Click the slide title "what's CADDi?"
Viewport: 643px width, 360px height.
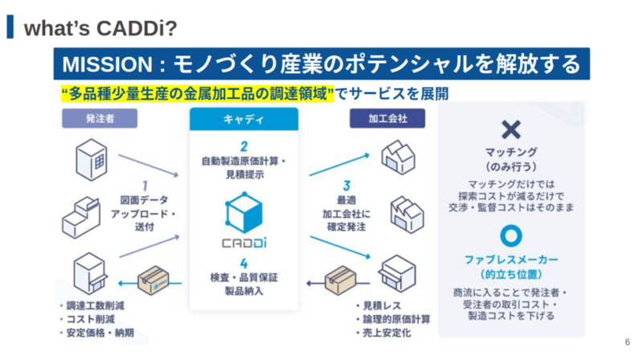coord(100,28)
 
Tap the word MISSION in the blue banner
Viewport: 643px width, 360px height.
coord(108,64)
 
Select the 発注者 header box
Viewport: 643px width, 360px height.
coord(100,118)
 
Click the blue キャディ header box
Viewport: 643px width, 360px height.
coord(244,119)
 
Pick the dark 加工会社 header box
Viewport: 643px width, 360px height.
coord(387,118)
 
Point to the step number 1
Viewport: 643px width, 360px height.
coord(145,186)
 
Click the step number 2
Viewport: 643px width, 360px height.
coord(244,146)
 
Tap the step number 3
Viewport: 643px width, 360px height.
coord(347,186)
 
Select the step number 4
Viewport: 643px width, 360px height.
coord(244,264)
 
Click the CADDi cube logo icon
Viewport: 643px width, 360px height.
coord(244,212)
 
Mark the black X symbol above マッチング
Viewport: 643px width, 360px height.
coord(511,130)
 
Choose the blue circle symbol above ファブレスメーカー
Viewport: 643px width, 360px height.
coord(511,235)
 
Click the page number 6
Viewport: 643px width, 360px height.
coord(628,342)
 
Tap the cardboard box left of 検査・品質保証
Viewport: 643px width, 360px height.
coord(153,280)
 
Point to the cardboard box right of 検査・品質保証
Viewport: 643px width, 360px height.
coord(340,280)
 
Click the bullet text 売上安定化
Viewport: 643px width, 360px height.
coord(387,333)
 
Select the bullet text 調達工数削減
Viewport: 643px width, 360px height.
coord(95,305)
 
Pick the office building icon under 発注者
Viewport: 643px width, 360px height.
coord(92,160)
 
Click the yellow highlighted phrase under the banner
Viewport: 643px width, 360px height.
coord(198,94)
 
